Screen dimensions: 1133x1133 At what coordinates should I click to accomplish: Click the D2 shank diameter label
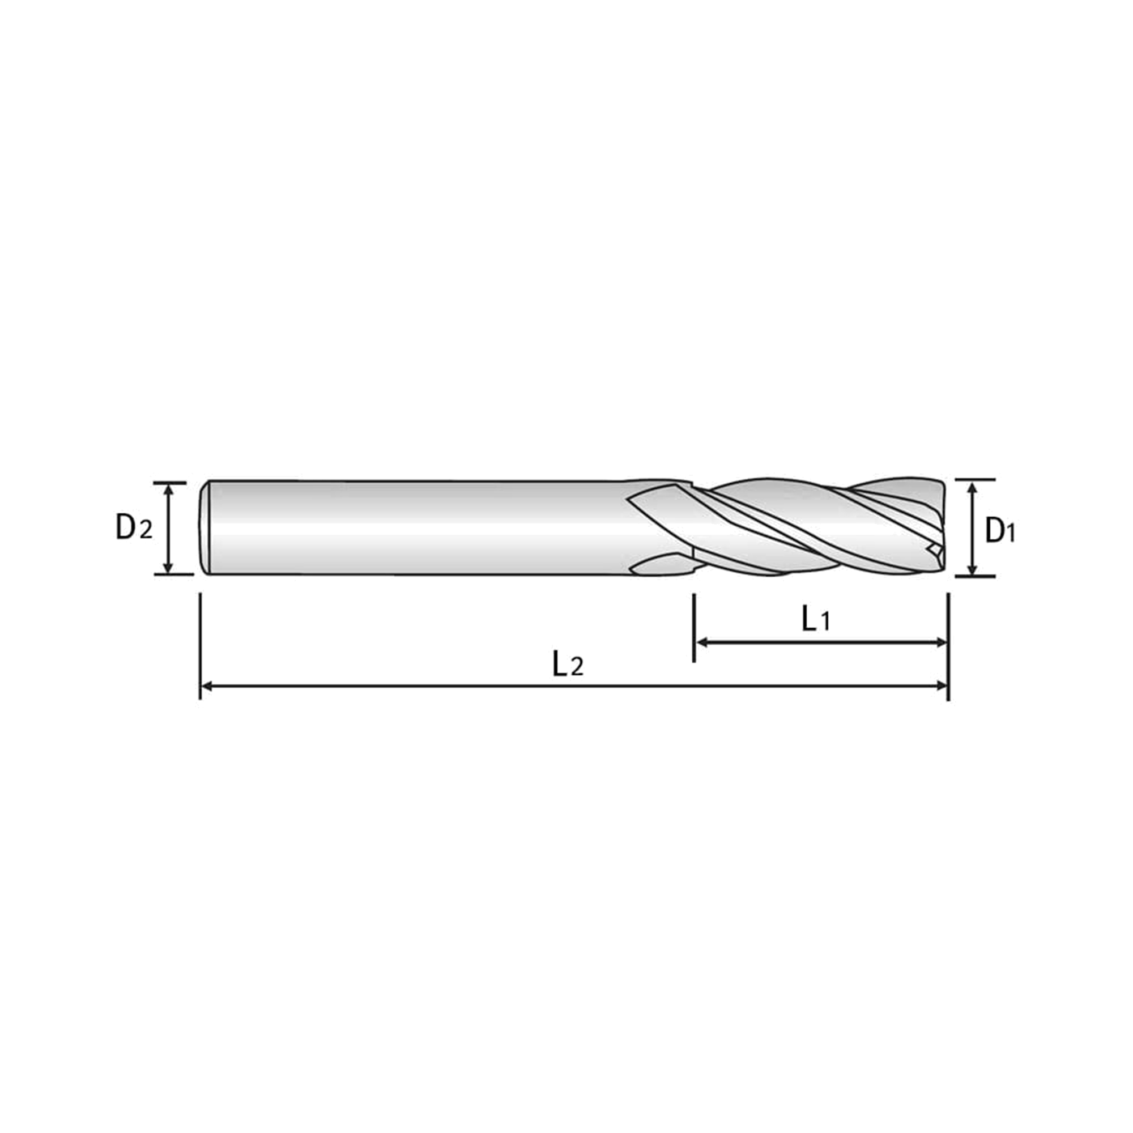point(134,527)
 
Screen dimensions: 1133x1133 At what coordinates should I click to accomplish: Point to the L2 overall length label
point(568,665)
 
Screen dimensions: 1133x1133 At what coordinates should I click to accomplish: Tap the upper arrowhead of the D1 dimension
point(972,488)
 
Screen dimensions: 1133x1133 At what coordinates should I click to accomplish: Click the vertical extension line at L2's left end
point(201,646)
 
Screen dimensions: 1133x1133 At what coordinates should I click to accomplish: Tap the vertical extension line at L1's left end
point(694,628)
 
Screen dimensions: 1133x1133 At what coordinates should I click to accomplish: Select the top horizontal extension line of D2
point(170,483)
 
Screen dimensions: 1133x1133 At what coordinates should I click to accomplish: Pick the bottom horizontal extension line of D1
point(976,576)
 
